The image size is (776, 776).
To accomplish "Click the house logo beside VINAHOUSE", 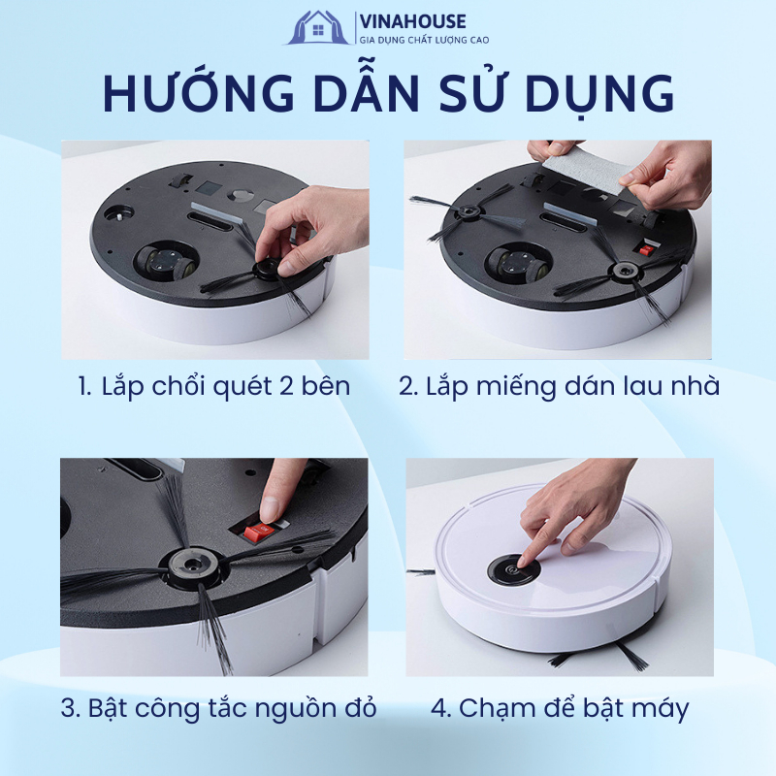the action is click(318, 28).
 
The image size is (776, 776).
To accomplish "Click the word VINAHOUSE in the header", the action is click(413, 21).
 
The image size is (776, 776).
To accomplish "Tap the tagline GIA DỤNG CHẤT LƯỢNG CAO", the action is click(424, 40).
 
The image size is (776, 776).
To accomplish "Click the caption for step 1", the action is click(214, 386).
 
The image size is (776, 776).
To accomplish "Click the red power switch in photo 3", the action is click(259, 532).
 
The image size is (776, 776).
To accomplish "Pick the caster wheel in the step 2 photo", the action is click(519, 265).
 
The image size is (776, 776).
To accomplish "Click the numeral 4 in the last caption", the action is click(439, 708).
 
